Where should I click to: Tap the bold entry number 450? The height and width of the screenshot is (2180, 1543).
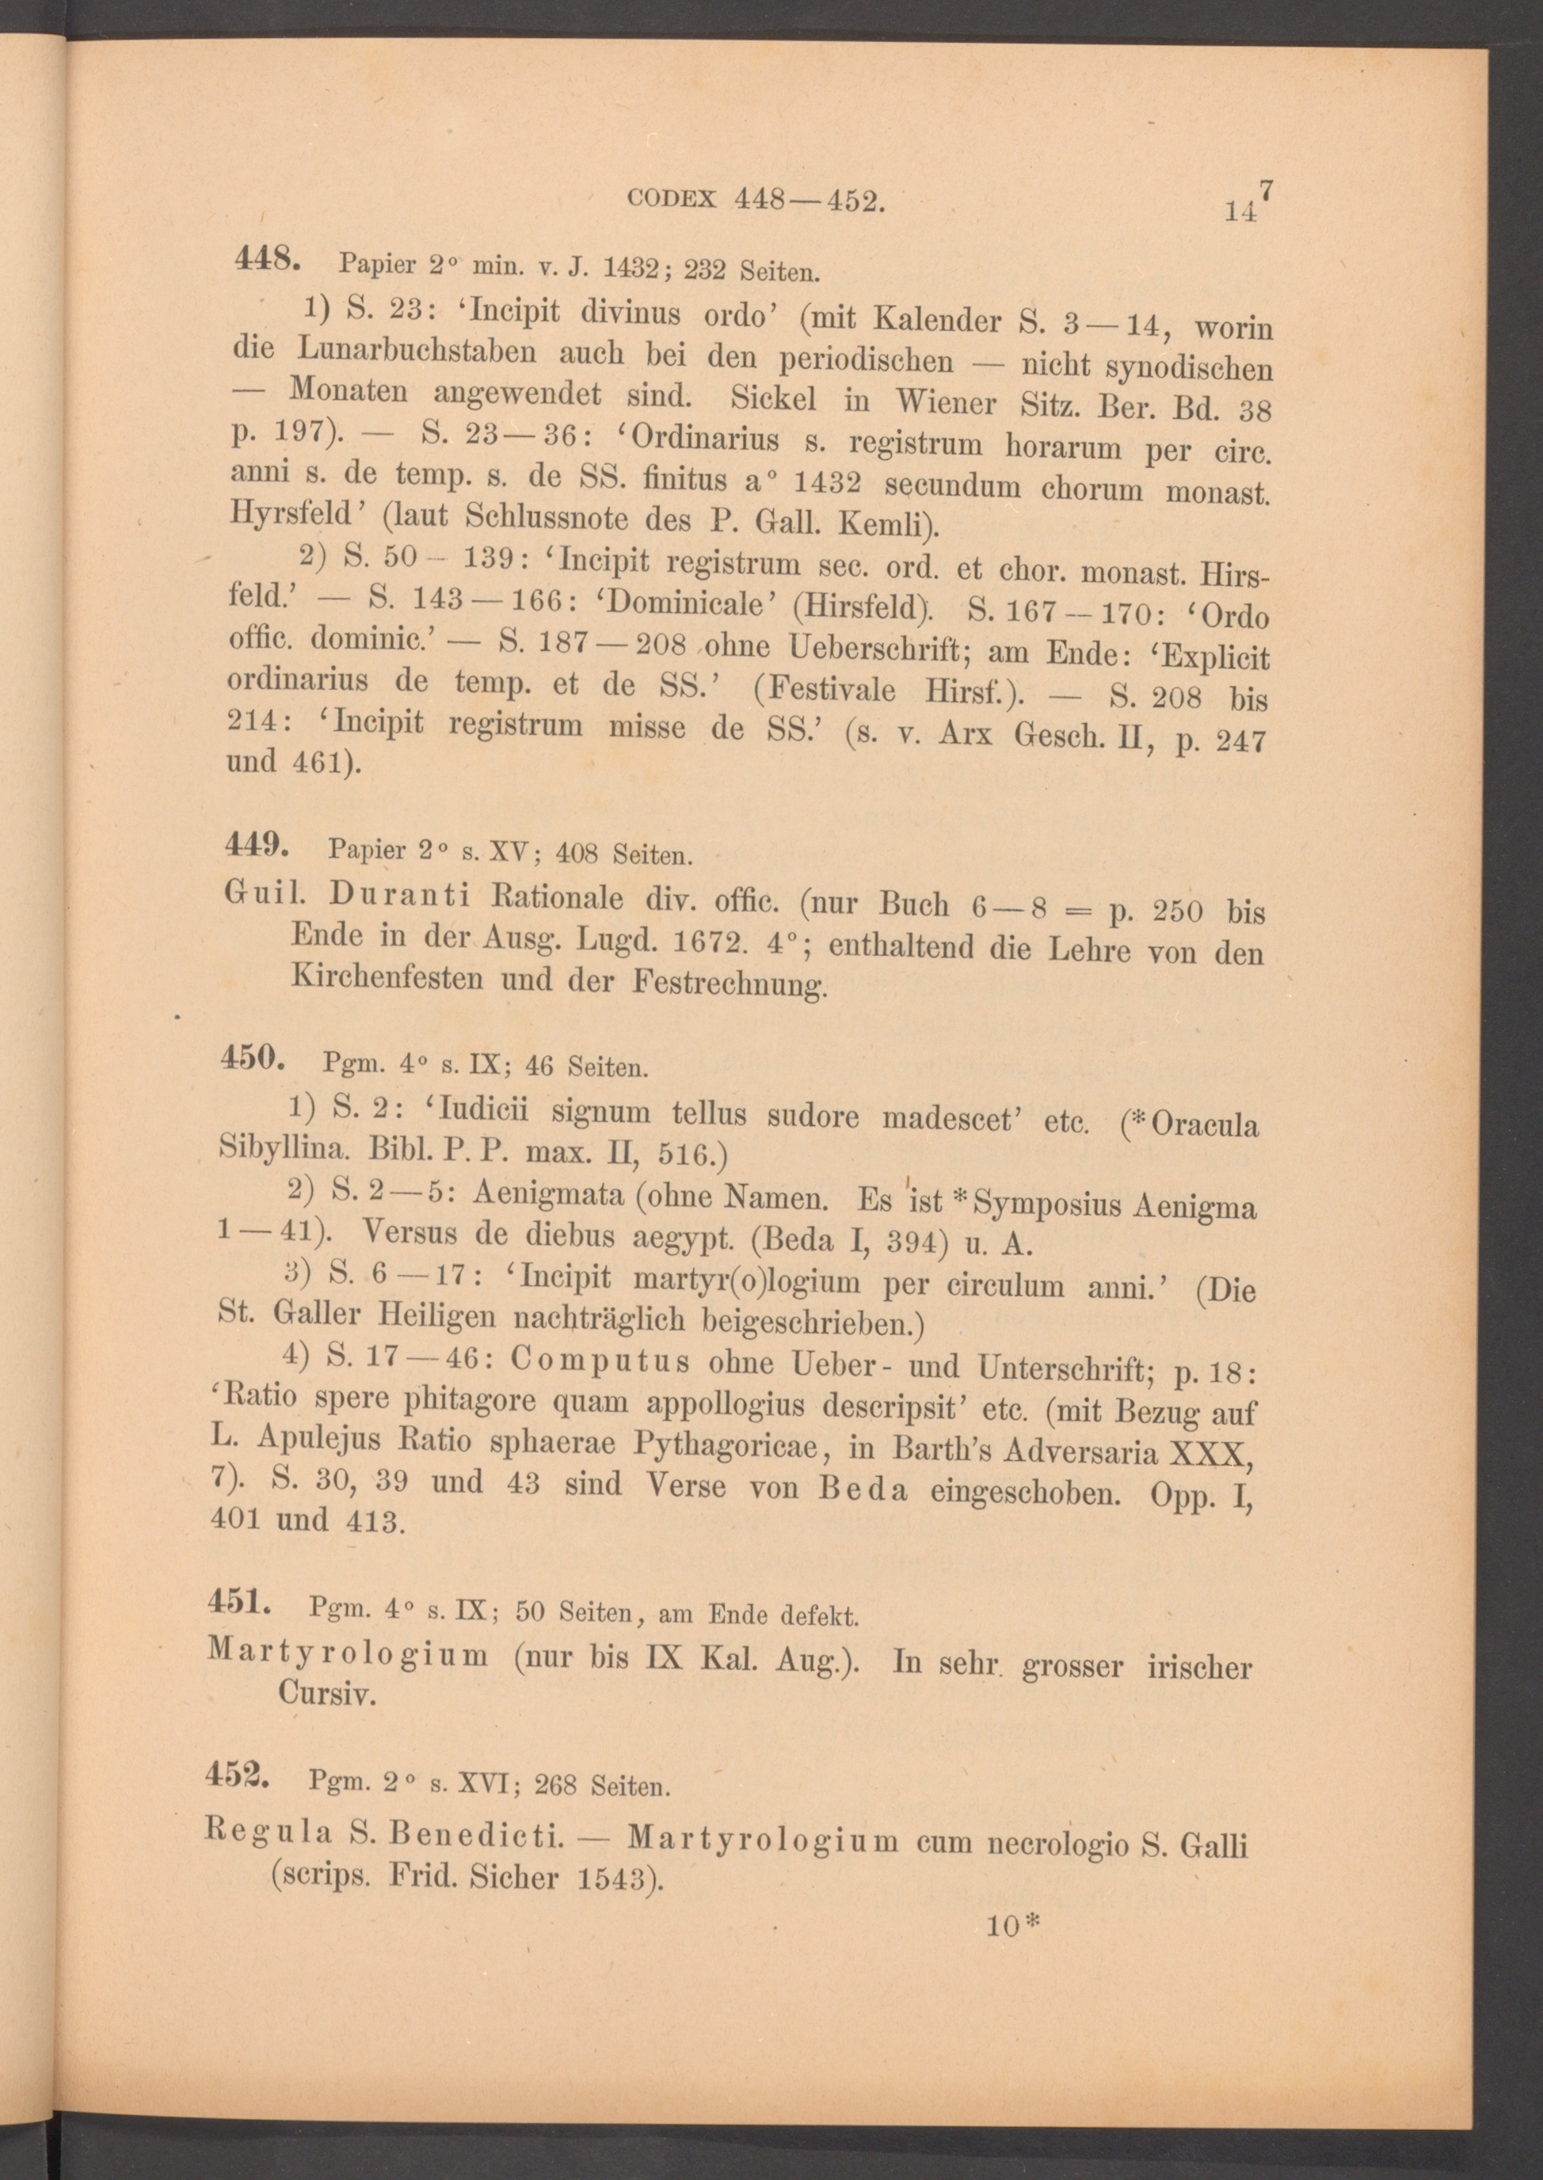[x=252, y=1057]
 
